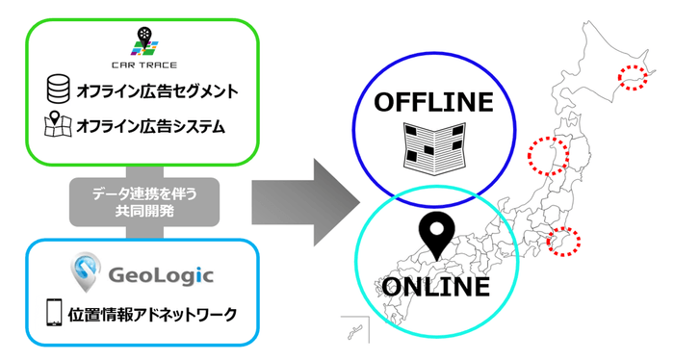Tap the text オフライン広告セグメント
tap(156, 92)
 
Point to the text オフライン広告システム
tap(150, 126)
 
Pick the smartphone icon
tap(55, 314)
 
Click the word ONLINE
tap(434, 286)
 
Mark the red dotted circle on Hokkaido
tap(633, 77)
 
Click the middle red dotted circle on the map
tap(543, 151)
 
